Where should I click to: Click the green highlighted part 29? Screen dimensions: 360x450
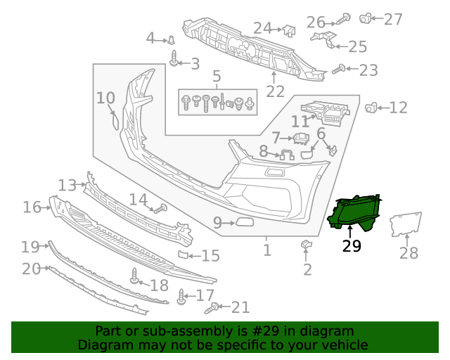click(x=355, y=213)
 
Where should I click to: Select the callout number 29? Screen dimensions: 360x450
click(x=351, y=246)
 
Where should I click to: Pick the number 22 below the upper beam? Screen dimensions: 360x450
click(x=275, y=91)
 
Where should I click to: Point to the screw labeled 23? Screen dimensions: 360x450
click(x=338, y=69)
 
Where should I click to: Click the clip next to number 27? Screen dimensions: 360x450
click(x=366, y=18)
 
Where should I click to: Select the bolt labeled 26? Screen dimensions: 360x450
click(x=344, y=20)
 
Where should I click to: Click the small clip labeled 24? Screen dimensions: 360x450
click(x=288, y=30)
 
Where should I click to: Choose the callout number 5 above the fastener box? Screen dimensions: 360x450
click(x=217, y=76)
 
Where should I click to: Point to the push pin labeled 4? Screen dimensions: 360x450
click(x=171, y=40)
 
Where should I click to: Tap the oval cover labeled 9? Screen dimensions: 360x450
click(x=246, y=224)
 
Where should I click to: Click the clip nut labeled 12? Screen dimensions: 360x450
click(x=371, y=108)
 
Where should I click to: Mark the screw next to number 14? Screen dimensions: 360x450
click(x=160, y=208)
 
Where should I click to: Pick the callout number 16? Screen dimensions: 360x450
click(x=32, y=207)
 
